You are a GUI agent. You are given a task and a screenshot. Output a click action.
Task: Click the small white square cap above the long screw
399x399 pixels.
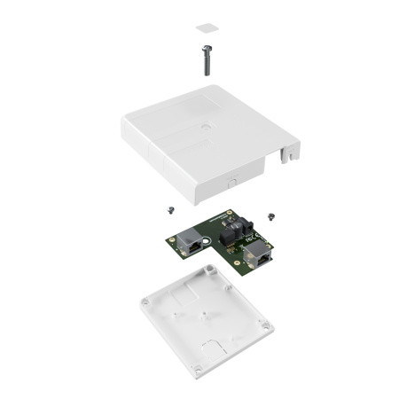tap(205, 27)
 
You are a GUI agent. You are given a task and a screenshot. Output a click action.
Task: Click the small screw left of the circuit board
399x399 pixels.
tap(167, 210)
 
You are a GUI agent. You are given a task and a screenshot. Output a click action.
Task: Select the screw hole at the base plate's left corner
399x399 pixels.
tap(145, 301)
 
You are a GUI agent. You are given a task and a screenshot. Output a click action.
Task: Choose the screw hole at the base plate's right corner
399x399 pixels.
tap(265, 330)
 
